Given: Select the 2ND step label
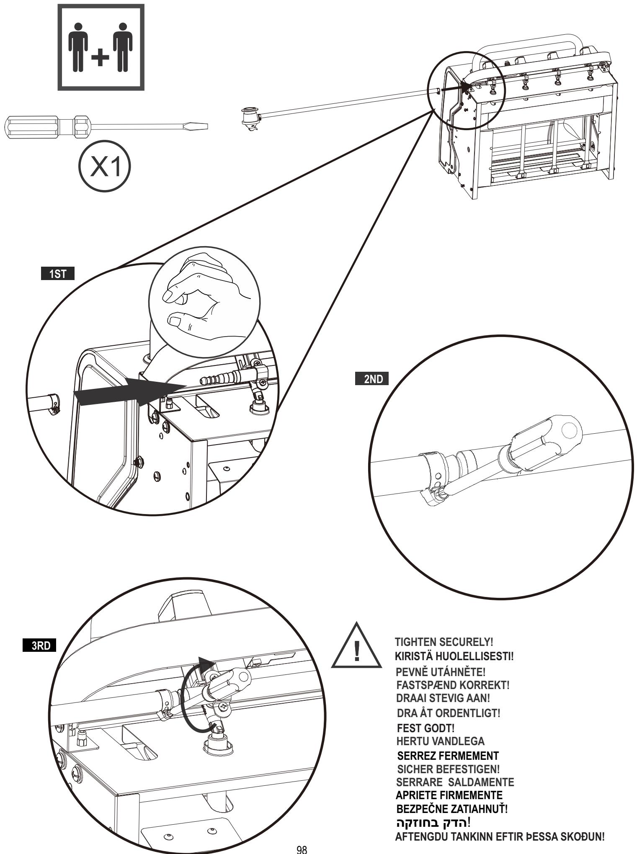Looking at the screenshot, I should tap(371, 379).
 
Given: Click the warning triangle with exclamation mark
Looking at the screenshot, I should tap(356, 647).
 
